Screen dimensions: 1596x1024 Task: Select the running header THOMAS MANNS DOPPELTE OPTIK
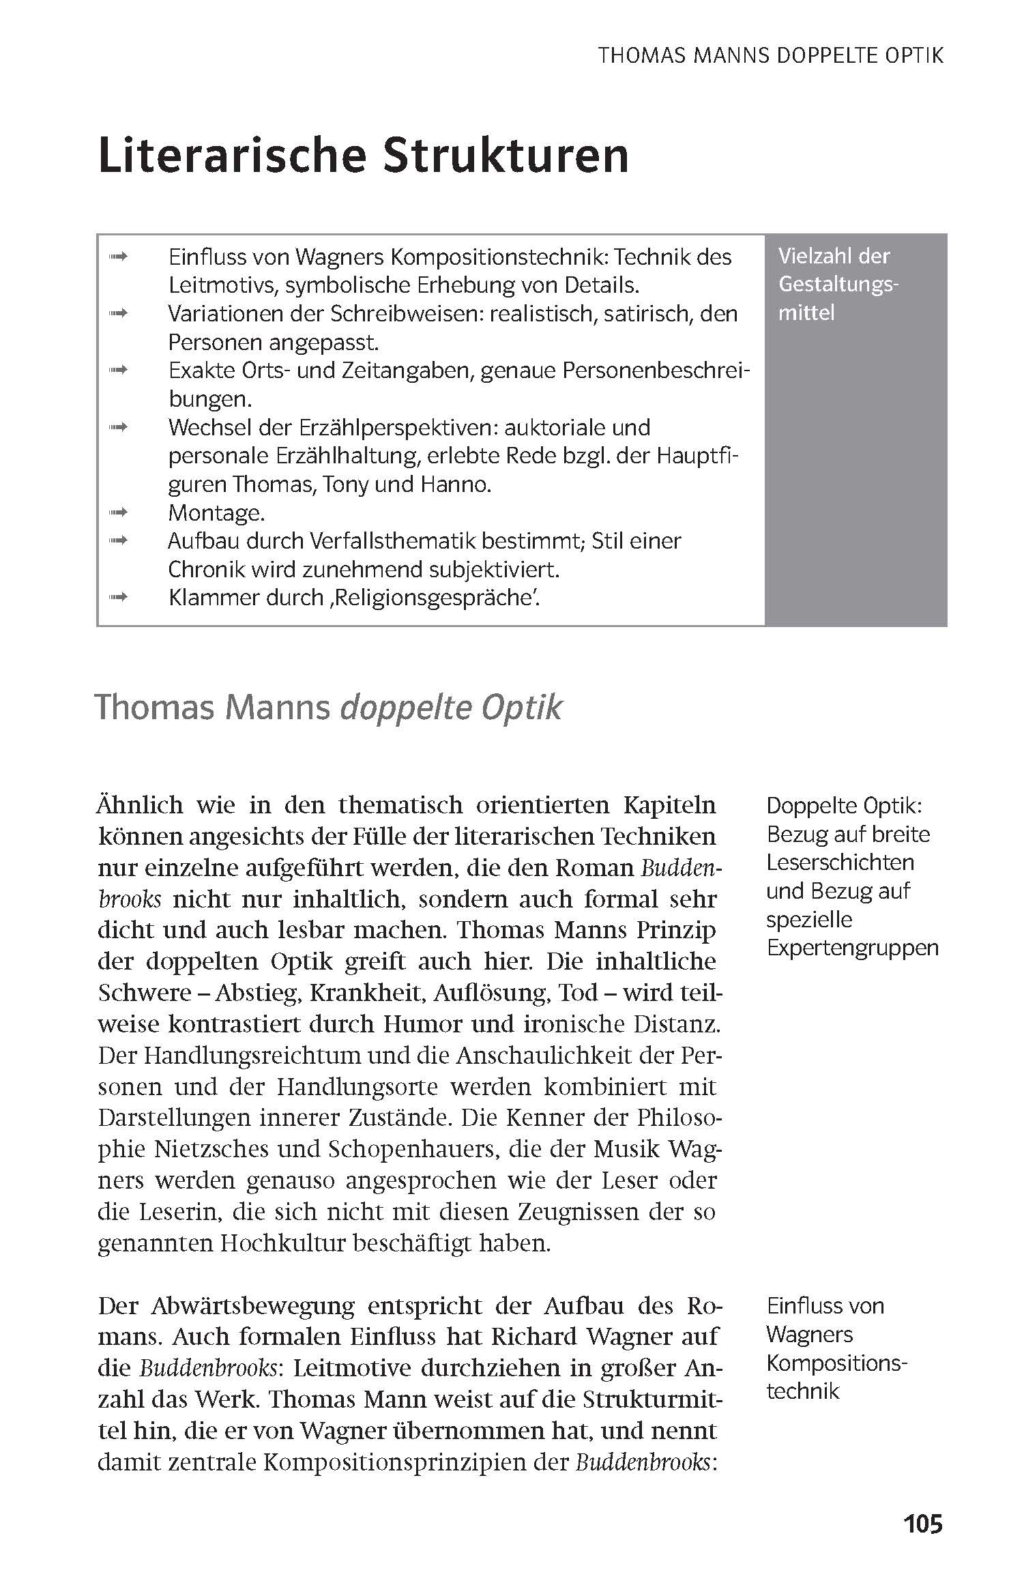[771, 55]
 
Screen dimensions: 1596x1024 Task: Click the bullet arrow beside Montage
[119, 512]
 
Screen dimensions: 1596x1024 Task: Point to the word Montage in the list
[216, 512]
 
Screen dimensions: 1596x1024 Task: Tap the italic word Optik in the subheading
[522, 708]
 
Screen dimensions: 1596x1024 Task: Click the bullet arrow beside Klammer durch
[119, 597]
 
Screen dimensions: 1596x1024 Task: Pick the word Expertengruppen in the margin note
[853, 948]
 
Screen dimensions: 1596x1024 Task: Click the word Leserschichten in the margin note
[840, 862]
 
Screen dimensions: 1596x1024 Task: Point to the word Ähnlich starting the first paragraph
[141, 805]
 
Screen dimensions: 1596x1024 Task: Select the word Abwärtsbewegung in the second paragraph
[252, 1306]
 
